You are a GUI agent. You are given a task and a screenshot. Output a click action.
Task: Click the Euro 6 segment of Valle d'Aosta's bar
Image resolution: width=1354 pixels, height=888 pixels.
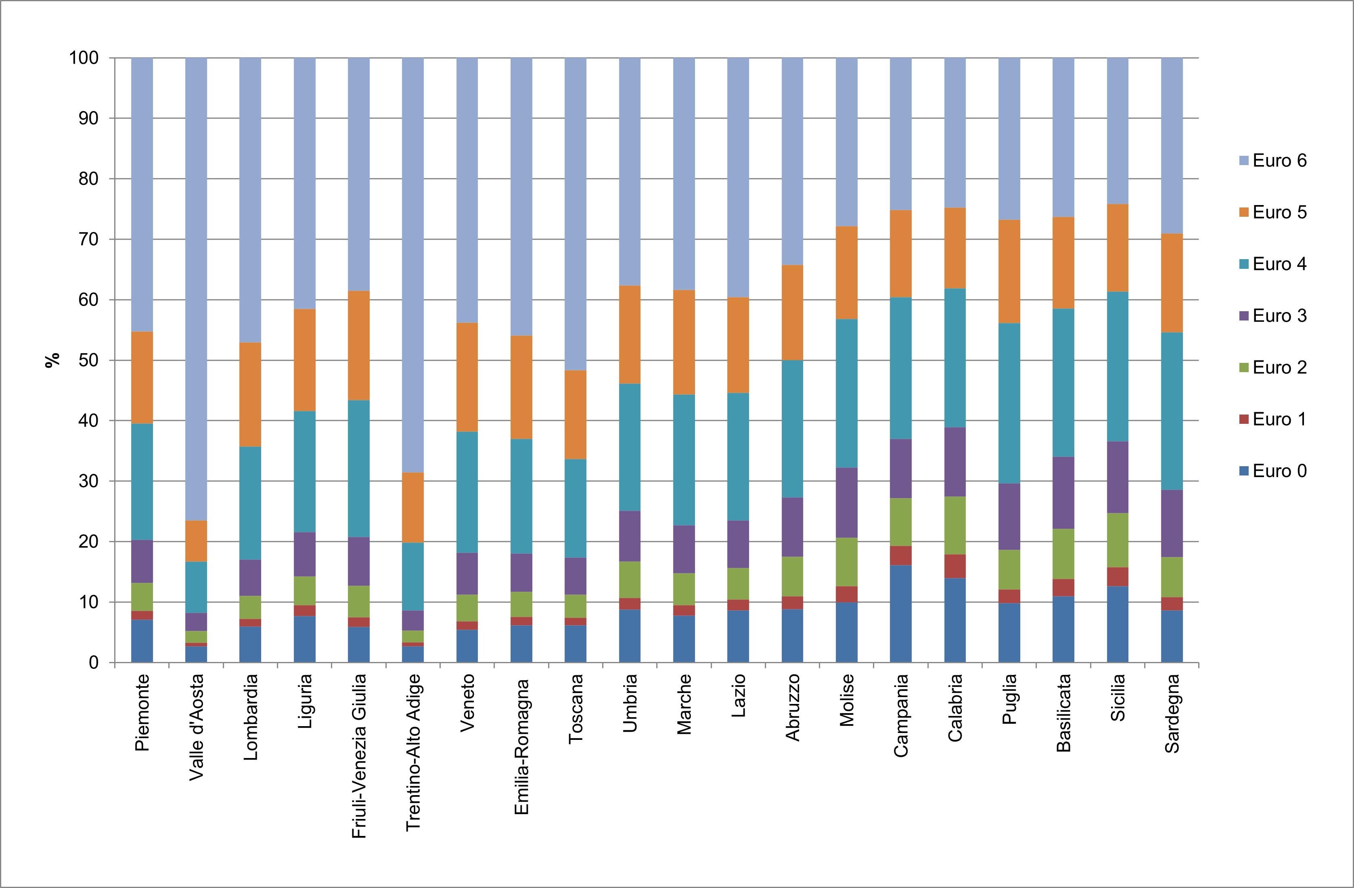coord(196,289)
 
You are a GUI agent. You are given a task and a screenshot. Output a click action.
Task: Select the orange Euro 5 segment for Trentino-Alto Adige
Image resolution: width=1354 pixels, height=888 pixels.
coord(413,507)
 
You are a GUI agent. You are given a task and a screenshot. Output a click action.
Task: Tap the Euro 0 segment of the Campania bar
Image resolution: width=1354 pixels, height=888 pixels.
coord(900,614)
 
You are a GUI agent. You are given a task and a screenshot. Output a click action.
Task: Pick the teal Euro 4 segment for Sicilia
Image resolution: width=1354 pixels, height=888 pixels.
coord(1118,367)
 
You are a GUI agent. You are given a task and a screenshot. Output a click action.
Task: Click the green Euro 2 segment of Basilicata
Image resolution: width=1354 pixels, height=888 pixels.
coord(1063,554)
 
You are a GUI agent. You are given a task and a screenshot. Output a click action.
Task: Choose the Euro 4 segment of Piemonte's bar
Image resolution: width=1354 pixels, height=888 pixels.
coord(142,482)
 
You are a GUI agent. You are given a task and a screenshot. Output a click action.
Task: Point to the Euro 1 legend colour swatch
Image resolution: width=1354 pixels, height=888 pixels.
coord(1244,419)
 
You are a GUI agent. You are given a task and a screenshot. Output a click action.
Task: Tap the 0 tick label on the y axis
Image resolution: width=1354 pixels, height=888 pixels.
coord(94,663)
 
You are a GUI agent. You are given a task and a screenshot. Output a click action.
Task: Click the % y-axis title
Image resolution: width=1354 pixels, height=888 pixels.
coord(52,360)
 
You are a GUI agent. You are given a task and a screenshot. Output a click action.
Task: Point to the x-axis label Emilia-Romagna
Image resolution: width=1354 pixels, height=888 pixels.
coord(522,746)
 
